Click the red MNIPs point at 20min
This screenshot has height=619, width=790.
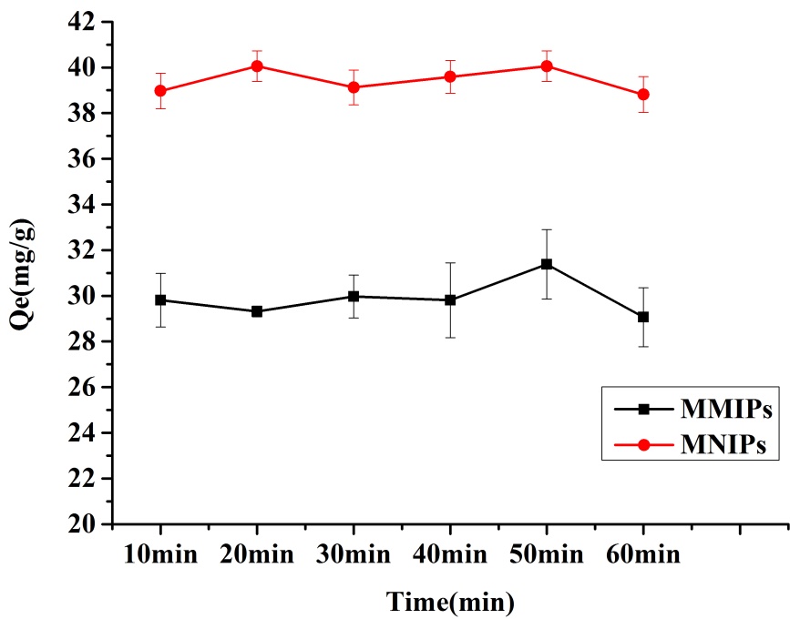257,66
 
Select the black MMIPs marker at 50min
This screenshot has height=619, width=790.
547,264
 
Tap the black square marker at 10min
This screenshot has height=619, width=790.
160,299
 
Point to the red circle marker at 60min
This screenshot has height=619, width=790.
643,94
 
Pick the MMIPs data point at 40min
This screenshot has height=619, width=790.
450,299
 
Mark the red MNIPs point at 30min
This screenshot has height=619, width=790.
354,87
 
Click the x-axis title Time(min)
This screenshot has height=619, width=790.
450,601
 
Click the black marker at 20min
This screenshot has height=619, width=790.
257,311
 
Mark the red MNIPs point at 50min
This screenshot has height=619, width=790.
547,66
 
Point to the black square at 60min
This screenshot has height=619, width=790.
643,317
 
